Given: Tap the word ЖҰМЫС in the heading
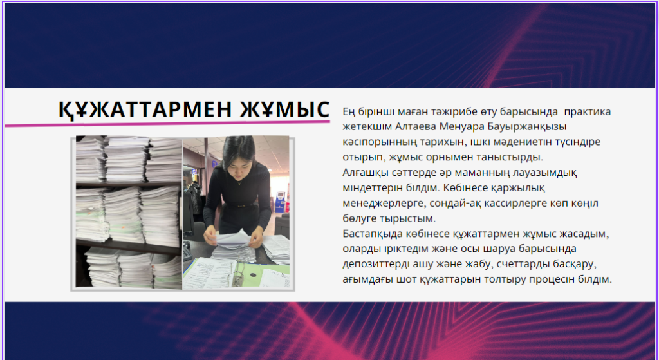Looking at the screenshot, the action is [x=285, y=109].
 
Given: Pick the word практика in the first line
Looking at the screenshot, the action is [x=587, y=112].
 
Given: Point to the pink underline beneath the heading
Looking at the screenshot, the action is [x=167, y=124].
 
